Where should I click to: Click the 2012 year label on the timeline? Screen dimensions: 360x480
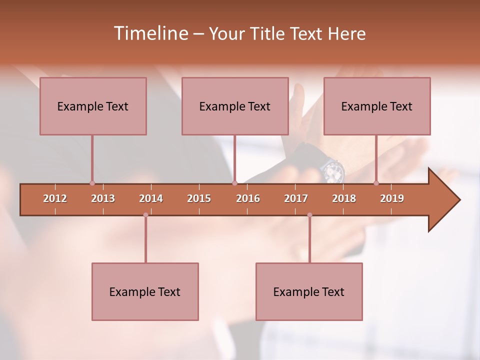pyautogui.click(x=55, y=198)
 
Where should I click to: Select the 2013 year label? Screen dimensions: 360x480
pyautogui.click(x=103, y=198)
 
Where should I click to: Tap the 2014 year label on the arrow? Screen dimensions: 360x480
pyautogui.click(x=151, y=198)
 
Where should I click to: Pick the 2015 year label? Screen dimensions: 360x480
pyautogui.click(x=199, y=198)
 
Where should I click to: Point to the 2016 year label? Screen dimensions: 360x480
pyautogui.click(x=248, y=198)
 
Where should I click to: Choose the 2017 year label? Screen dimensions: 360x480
pyautogui.click(x=296, y=198)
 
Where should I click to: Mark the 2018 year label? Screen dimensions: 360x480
pyautogui.click(x=344, y=198)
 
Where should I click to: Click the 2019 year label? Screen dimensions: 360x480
pyautogui.click(x=392, y=198)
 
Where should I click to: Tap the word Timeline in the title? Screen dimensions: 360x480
pyautogui.click(x=150, y=33)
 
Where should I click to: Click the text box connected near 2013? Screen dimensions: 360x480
pyautogui.click(x=93, y=106)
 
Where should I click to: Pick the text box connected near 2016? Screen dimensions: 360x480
pyautogui.click(x=235, y=106)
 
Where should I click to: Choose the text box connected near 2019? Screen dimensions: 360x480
pyautogui.click(x=377, y=106)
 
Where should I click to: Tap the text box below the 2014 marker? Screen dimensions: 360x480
pyautogui.click(x=145, y=291)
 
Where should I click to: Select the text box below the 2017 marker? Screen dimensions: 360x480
pyautogui.click(x=309, y=291)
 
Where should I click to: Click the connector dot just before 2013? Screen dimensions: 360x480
pyautogui.click(x=92, y=183)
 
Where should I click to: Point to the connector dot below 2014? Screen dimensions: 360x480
pyautogui.click(x=145, y=215)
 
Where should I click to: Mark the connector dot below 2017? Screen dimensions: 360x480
pyautogui.click(x=309, y=215)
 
